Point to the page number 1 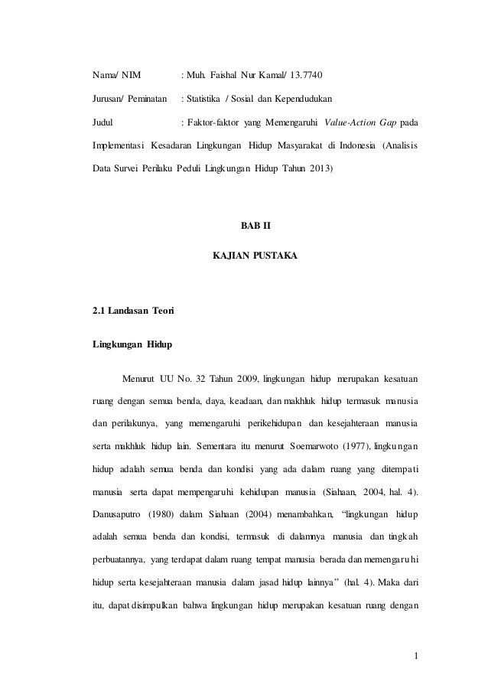(415, 655)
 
